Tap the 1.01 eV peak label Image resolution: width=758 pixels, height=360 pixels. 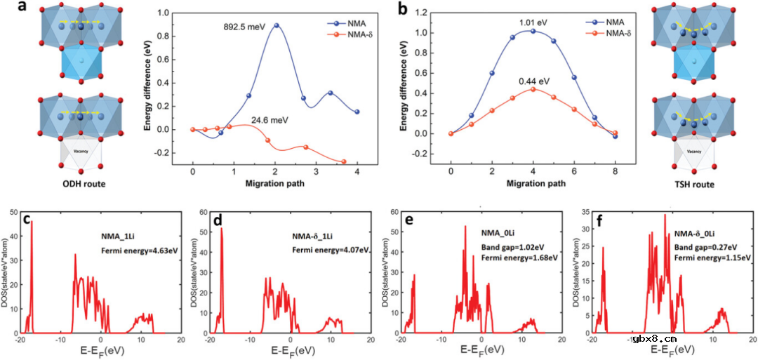pos(533,22)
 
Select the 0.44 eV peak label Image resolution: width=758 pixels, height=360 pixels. pos(533,81)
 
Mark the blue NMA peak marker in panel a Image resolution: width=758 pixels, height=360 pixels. pos(276,25)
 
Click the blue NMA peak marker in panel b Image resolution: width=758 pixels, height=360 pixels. pos(533,32)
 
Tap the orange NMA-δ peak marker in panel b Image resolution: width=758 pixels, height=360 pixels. pos(533,89)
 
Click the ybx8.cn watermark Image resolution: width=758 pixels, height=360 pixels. pos(654,338)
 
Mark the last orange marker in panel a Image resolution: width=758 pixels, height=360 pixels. pos(344,161)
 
